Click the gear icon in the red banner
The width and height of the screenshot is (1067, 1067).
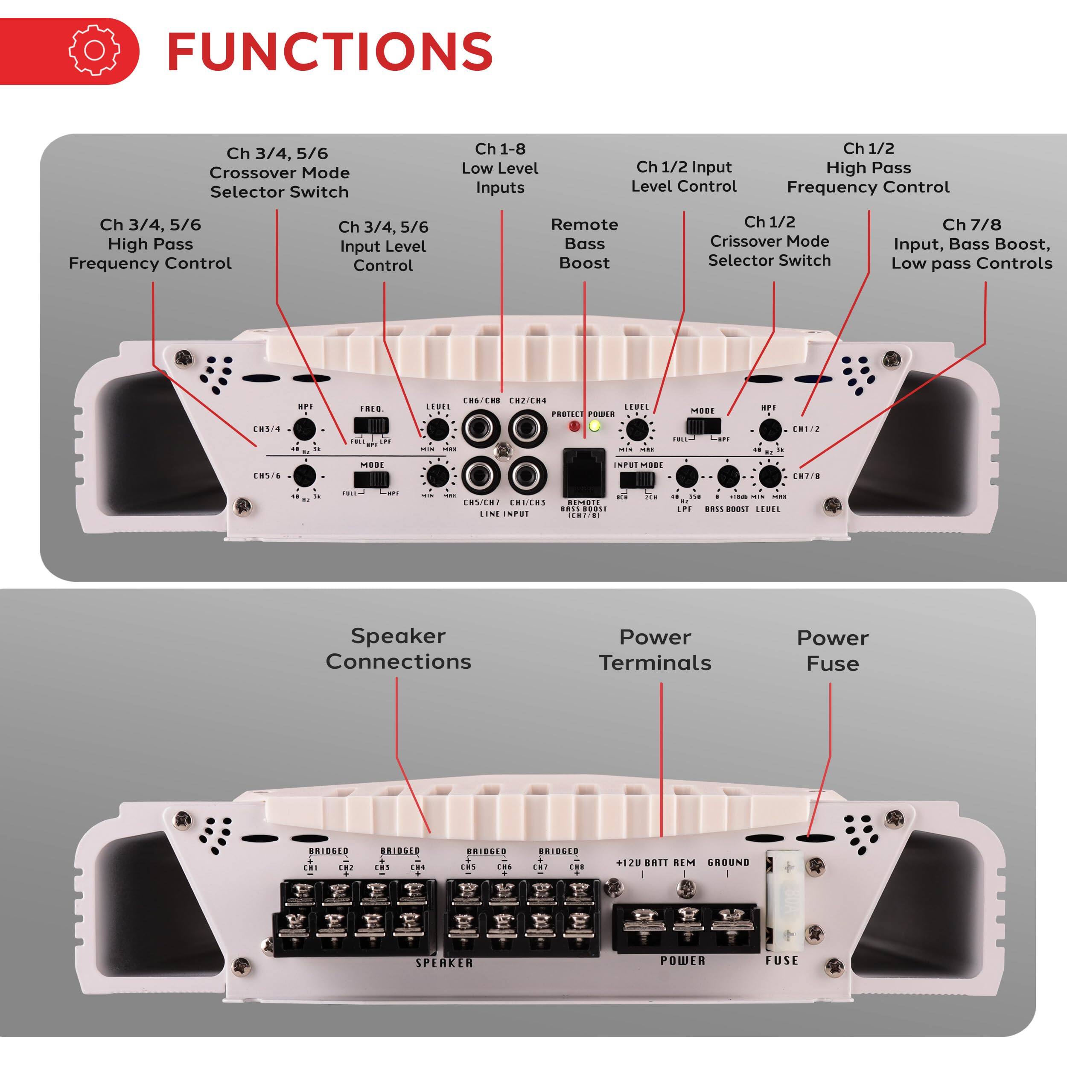(x=94, y=50)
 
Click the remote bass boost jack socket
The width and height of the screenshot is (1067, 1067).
(x=584, y=472)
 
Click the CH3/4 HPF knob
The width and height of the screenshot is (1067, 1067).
(x=304, y=429)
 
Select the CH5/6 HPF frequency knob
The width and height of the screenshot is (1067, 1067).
(x=304, y=475)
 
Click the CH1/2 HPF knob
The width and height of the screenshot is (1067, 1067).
(x=770, y=429)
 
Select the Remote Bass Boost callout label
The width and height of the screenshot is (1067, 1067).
(x=584, y=244)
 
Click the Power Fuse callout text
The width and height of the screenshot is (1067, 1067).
(x=832, y=650)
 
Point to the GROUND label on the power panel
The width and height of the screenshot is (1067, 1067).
(x=728, y=862)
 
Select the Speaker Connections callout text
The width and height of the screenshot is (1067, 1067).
(x=398, y=648)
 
